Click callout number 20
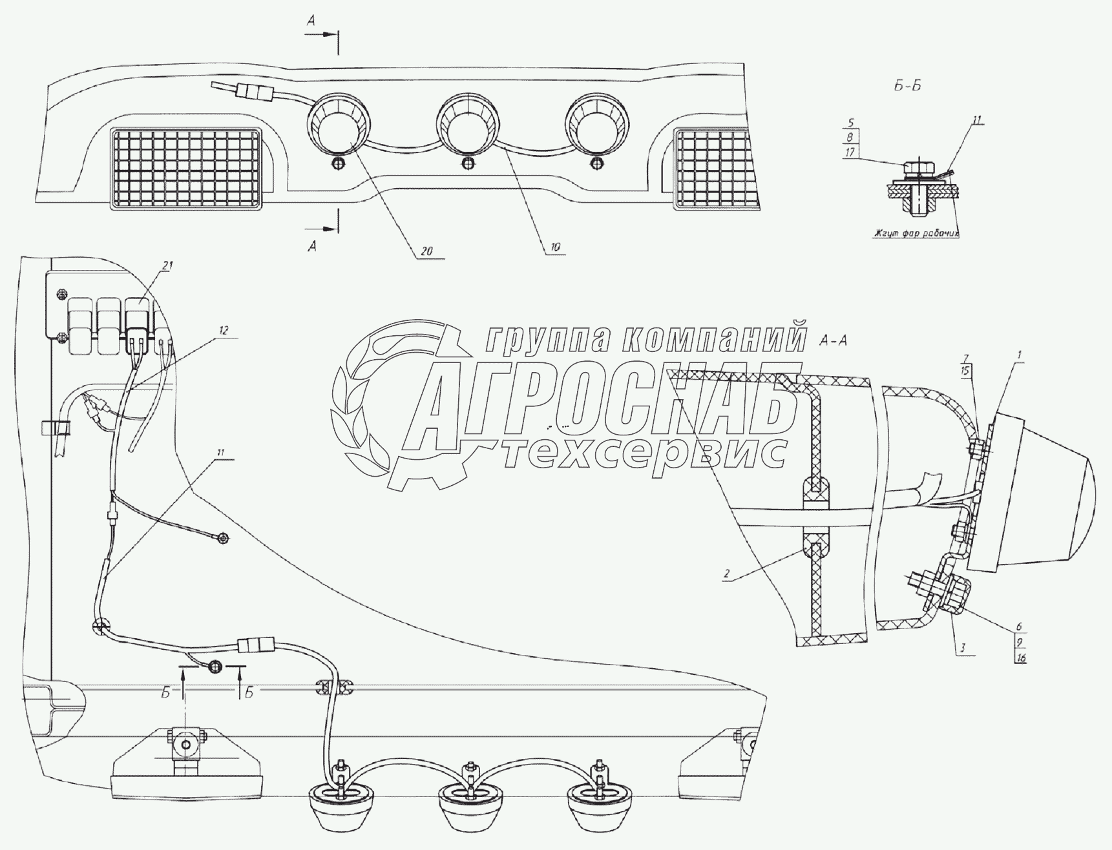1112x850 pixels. (x=426, y=252)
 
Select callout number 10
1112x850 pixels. (x=556, y=247)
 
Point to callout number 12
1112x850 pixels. (x=223, y=330)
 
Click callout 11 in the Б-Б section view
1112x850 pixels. (x=976, y=119)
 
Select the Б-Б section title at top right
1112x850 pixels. (x=907, y=87)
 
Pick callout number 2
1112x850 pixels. (x=727, y=574)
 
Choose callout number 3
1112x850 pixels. (x=963, y=647)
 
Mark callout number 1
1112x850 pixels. (x=1019, y=355)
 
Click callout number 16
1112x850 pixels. (x=1021, y=658)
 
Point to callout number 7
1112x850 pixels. (x=965, y=358)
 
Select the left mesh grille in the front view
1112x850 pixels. (x=187, y=168)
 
